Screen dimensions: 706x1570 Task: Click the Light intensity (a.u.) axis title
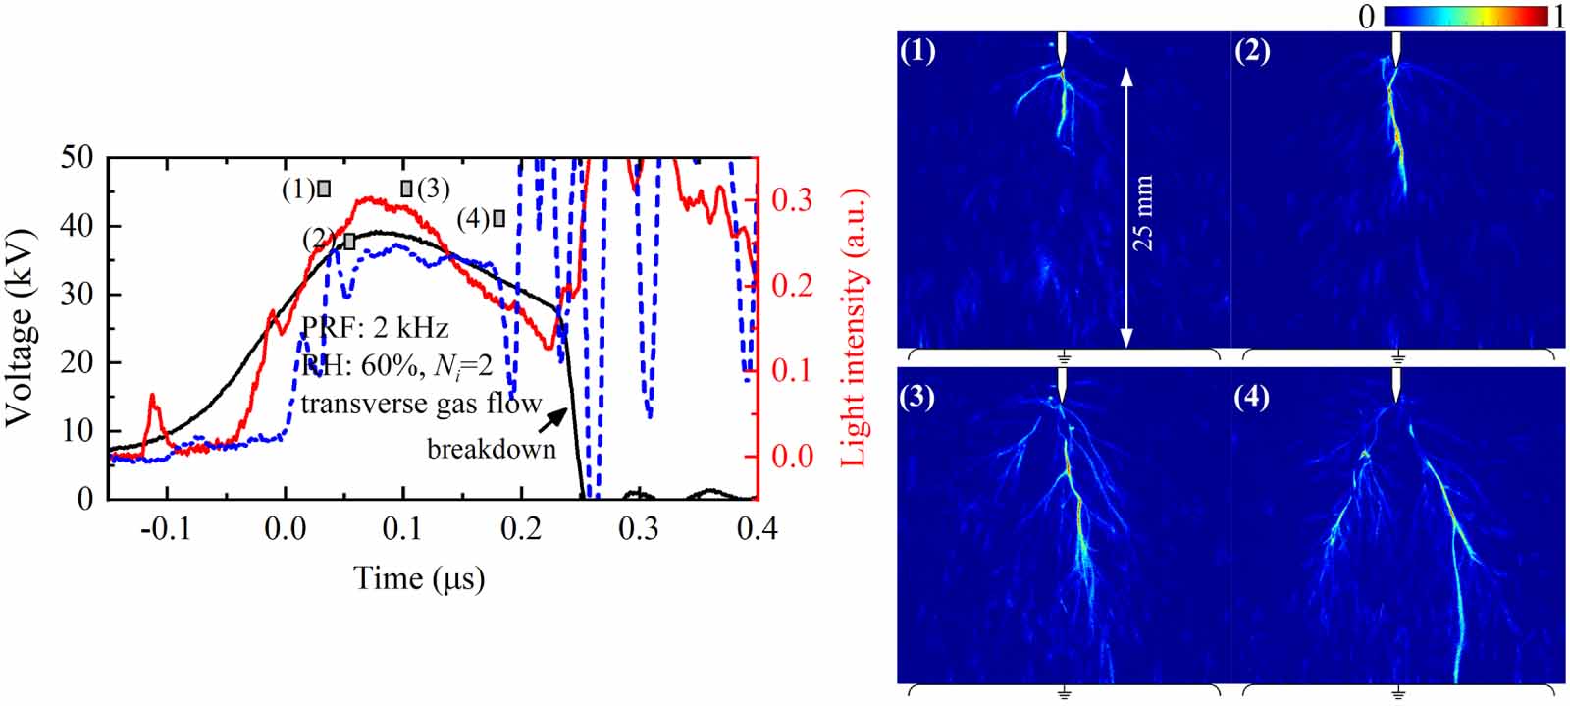pos(855,327)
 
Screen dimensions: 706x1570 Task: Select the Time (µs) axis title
pos(420,578)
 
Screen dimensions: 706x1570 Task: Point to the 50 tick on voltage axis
pos(78,158)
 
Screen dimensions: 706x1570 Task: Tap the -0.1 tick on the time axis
pos(167,529)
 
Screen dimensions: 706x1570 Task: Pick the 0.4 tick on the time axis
pos(755,529)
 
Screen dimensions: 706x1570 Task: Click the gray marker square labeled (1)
pos(324,189)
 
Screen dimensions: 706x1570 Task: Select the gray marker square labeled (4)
pos(498,218)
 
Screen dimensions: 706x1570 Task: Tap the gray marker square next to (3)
pos(406,189)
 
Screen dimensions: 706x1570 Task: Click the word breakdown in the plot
pos(491,450)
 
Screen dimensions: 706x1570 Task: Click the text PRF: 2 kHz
pos(374,327)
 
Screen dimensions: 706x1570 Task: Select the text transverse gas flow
pos(421,404)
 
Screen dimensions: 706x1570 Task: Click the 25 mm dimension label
pos(1143,213)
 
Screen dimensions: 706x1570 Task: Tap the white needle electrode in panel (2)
pos(1397,45)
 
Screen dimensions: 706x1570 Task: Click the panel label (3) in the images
pos(917,398)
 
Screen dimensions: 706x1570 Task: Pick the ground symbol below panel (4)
pos(1397,694)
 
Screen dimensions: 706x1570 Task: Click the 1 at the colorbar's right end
pos(1559,16)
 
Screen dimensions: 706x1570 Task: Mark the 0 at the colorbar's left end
pos(1367,16)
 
